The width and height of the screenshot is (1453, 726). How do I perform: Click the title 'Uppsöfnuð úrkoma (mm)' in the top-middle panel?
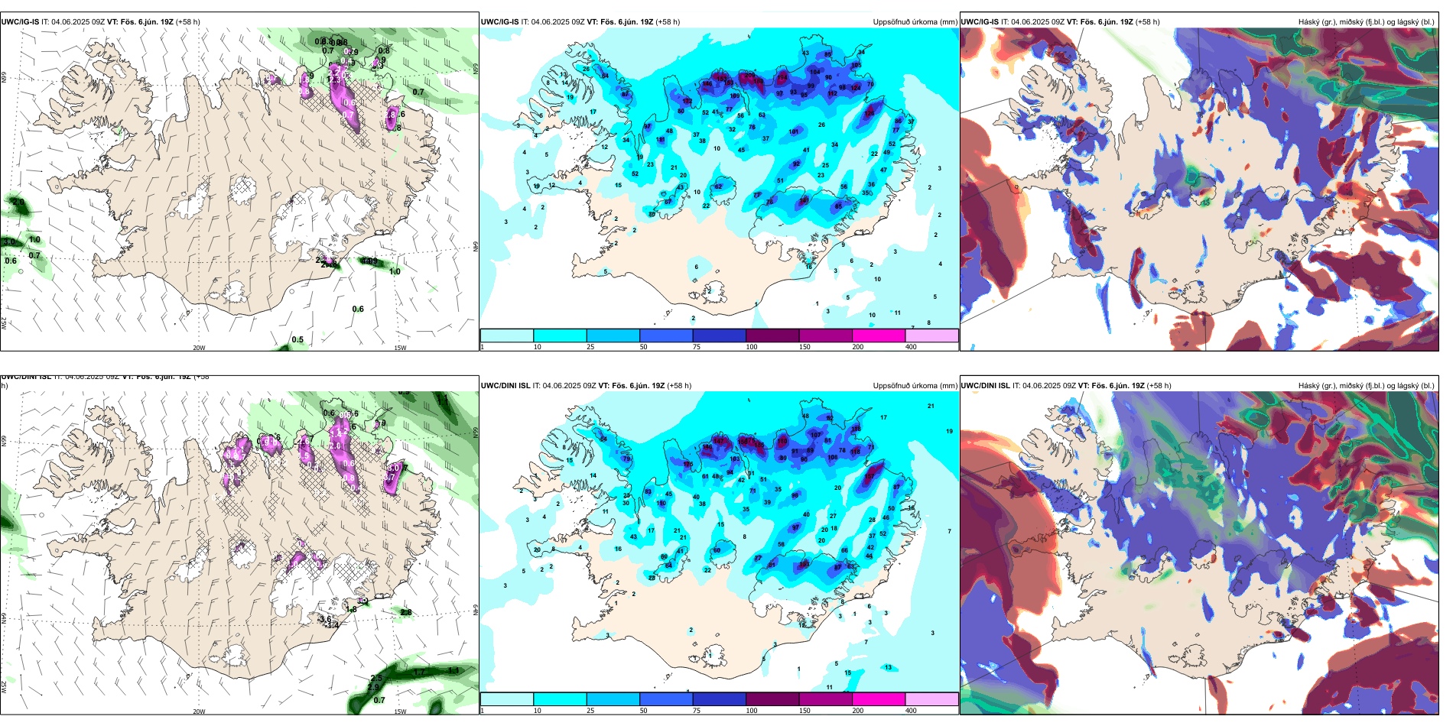click(915, 22)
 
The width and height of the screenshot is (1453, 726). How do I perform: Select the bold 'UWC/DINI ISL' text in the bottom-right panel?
click(985, 386)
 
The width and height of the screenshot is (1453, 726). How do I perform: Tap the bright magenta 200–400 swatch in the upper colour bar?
click(878, 335)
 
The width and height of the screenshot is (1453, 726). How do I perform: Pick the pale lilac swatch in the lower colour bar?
click(931, 699)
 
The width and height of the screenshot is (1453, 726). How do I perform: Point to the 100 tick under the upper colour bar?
click(752, 347)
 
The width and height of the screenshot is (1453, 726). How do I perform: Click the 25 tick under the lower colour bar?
click(590, 711)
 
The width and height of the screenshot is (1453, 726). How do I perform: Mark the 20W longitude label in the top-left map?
click(199, 348)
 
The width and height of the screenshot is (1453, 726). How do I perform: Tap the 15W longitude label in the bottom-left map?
click(400, 711)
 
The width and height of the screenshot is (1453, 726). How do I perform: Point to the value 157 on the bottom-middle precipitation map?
click(870, 476)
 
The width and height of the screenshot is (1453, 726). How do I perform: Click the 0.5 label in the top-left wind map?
click(297, 339)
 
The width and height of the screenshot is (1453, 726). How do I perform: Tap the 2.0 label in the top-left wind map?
click(18, 203)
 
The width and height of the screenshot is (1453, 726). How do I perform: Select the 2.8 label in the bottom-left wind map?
click(405, 612)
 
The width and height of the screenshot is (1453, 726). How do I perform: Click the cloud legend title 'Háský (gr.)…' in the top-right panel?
click(1366, 22)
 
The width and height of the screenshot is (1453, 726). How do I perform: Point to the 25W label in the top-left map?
click(4, 323)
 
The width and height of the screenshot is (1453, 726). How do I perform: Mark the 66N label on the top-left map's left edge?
click(4, 79)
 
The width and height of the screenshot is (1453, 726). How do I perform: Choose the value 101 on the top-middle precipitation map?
click(793, 131)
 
